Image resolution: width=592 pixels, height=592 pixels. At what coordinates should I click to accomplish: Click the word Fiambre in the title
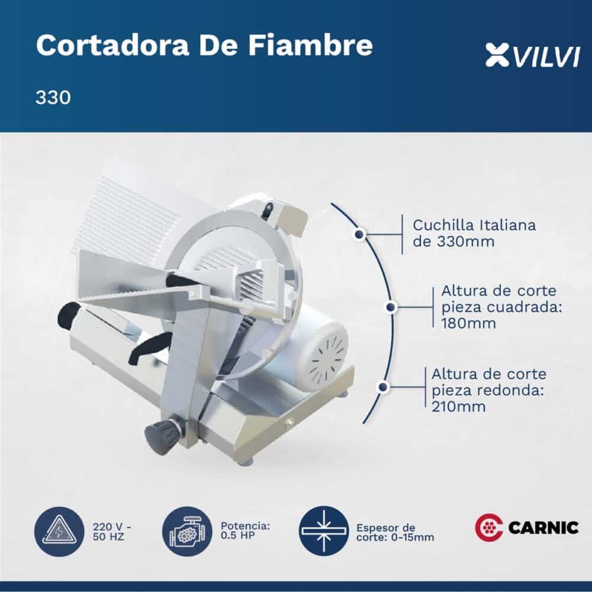[310, 45]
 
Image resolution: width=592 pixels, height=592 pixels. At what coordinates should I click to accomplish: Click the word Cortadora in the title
[112, 45]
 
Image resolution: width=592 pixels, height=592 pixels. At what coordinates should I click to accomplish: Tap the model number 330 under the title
[53, 98]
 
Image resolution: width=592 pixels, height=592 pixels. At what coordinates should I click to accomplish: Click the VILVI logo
[533, 56]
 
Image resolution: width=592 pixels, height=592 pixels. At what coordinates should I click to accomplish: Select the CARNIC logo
[527, 527]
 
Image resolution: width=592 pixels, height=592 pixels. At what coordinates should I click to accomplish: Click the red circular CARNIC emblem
[488, 527]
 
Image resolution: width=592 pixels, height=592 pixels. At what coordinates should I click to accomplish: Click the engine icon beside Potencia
[188, 532]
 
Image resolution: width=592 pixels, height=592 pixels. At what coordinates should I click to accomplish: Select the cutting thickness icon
[324, 531]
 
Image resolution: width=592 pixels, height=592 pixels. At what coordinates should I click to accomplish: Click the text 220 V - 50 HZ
[112, 532]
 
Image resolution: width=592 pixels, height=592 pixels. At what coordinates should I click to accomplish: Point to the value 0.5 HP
[238, 535]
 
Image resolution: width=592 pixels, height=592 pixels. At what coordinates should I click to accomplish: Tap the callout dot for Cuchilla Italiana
[359, 234]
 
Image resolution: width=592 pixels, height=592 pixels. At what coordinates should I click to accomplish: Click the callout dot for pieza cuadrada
[391, 307]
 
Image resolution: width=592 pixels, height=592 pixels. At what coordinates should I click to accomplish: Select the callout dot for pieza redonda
[383, 387]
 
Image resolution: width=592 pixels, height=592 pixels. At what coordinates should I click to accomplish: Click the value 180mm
[468, 324]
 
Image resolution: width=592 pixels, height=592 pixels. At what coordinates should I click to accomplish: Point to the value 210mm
[458, 407]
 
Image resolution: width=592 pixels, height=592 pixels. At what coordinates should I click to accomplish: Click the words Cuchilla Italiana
[474, 225]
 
